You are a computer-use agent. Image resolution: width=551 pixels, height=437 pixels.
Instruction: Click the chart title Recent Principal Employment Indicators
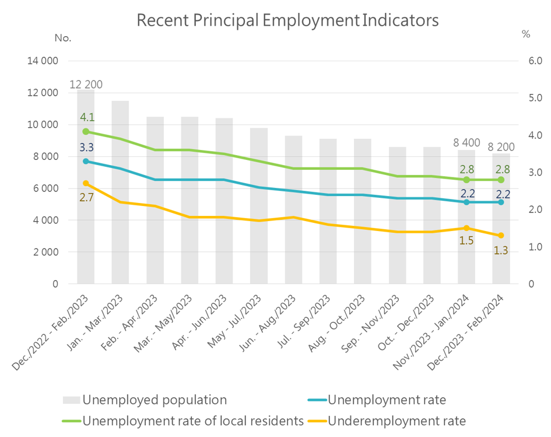pos(287,21)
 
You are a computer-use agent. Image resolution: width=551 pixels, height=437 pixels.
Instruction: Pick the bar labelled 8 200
pos(501,257)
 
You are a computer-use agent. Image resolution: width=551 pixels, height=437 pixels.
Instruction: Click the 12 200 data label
pos(86,85)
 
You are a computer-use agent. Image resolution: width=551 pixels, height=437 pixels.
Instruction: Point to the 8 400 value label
pos(466,142)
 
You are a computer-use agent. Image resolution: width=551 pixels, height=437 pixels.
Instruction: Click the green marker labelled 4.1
pos(86,131)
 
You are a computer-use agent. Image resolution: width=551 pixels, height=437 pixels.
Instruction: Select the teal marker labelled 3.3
pos(86,161)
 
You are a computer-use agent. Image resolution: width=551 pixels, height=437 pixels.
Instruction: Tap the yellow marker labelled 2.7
pos(86,183)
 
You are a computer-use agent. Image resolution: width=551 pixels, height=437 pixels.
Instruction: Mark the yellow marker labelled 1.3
pos(501,235)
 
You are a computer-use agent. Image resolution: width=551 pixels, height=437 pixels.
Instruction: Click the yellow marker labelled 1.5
pos(466,228)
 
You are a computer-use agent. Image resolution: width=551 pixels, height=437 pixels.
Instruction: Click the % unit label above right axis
pos(526,34)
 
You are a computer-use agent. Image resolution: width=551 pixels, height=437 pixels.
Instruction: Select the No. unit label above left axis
pos(62,38)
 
